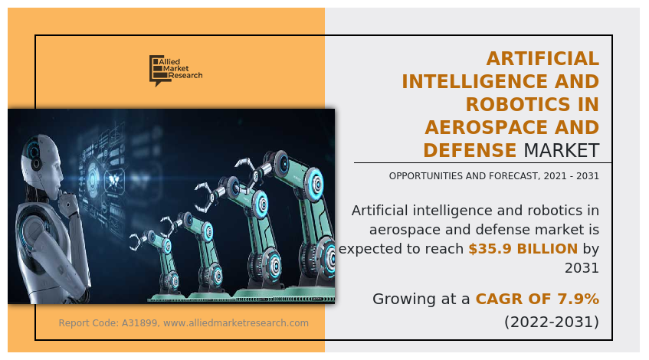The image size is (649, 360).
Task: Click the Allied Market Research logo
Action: click(x=175, y=70)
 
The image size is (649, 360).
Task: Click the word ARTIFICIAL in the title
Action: click(x=543, y=58)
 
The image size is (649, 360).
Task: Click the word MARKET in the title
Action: click(x=561, y=150)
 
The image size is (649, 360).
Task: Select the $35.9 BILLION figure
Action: click(x=523, y=248)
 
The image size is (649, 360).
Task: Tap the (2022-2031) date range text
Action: click(x=551, y=322)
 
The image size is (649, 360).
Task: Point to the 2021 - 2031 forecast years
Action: click(x=569, y=176)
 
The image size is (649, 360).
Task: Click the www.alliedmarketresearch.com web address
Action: click(x=236, y=323)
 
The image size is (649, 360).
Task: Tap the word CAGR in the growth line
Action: click(x=503, y=299)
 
